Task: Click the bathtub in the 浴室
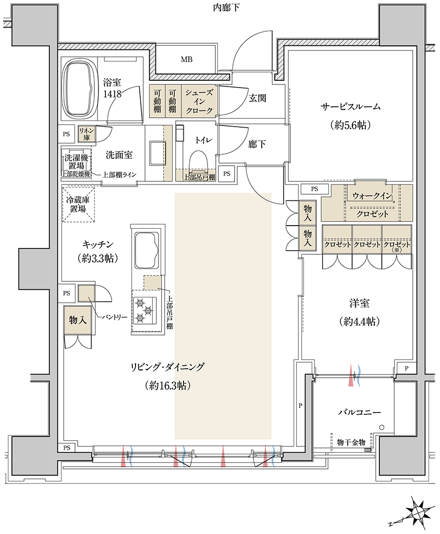[x=79, y=90]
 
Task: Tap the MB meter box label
[x=187, y=59]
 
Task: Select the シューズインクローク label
[x=199, y=101]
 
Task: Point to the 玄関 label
[x=258, y=98]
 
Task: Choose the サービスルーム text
[x=350, y=107]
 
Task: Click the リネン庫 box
[x=87, y=134]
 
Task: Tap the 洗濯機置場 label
[x=76, y=162]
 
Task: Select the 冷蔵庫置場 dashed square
[x=78, y=204]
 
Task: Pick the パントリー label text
[x=115, y=317]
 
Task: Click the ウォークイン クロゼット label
[x=372, y=205]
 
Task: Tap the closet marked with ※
[x=397, y=240]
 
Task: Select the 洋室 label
[x=359, y=303]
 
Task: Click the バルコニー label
[x=359, y=413]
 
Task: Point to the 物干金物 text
[x=351, y=442]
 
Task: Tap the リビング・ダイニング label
[x=167, y=367]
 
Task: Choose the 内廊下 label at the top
[x=226, y=7]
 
